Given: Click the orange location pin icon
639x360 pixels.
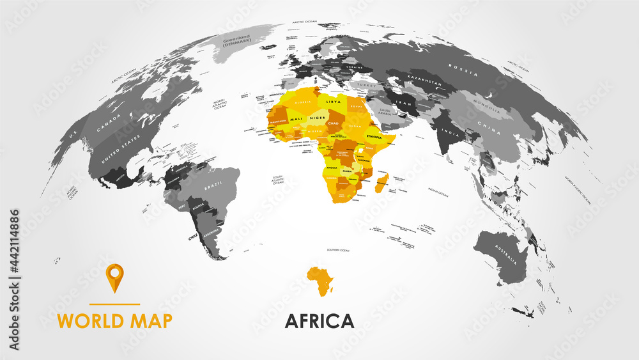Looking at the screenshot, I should pyautogui.click(x=114, y=276).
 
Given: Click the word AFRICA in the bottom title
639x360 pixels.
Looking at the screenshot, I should pyautogui.click(x=319, y=320).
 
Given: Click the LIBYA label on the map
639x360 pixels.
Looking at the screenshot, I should pyautogui.click(x=332, y=102).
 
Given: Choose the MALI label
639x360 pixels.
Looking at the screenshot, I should pyautogui.click(x=296, y=119).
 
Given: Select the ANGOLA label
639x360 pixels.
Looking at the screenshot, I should pyautogui.click(x=332, y=167).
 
